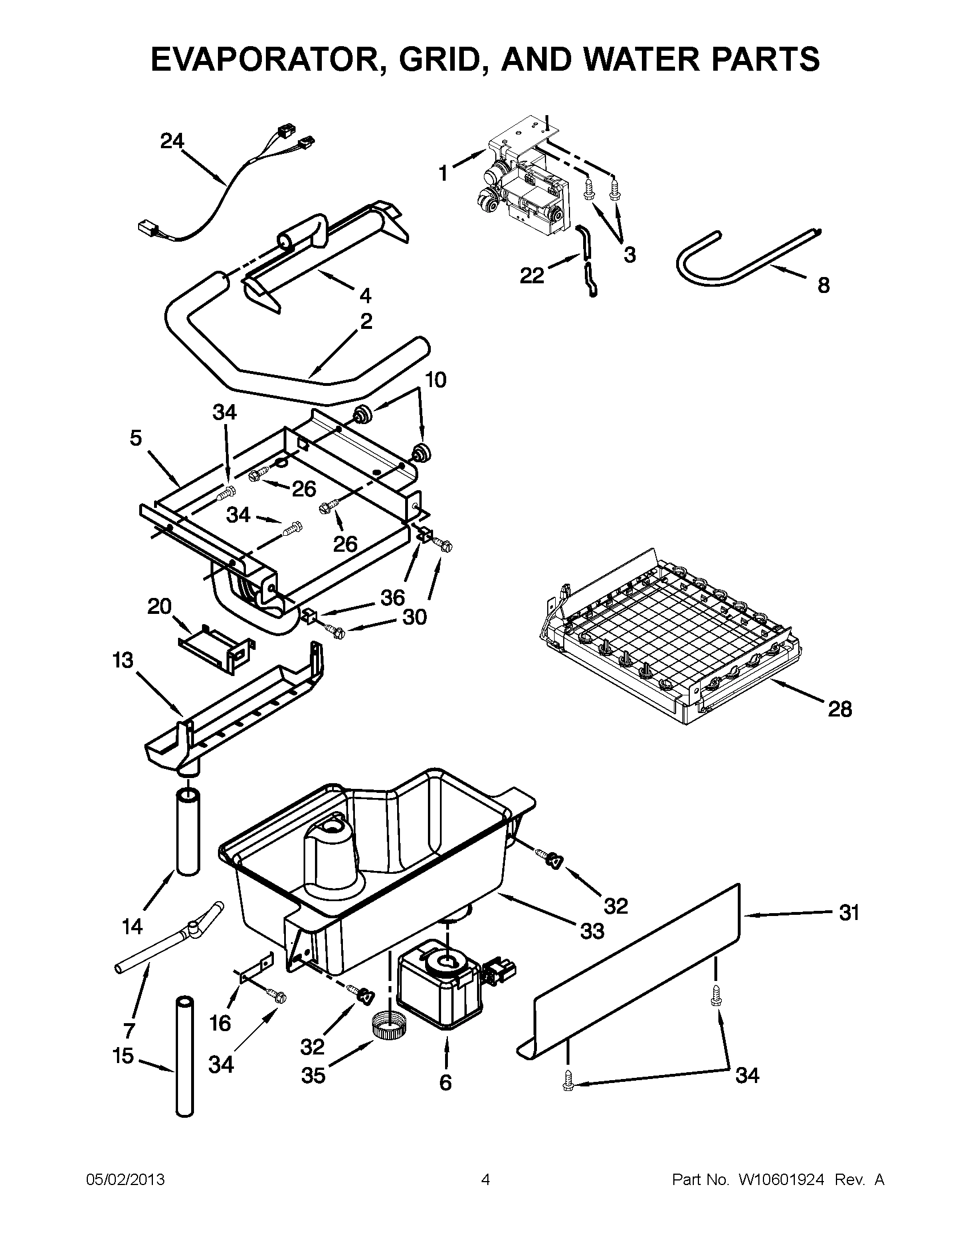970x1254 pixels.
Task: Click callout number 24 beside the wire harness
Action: tap(172, 141)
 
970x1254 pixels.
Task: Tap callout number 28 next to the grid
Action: tap(839, 709)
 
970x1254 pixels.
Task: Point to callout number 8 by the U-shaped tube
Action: tap(823, 286)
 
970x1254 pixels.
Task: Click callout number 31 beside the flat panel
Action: tap(849, 913)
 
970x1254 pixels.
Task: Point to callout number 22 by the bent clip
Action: tap(532, 276)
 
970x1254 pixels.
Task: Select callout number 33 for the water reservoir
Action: tap(592, 931)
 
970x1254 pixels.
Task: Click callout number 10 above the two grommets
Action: tap(435, 380)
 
